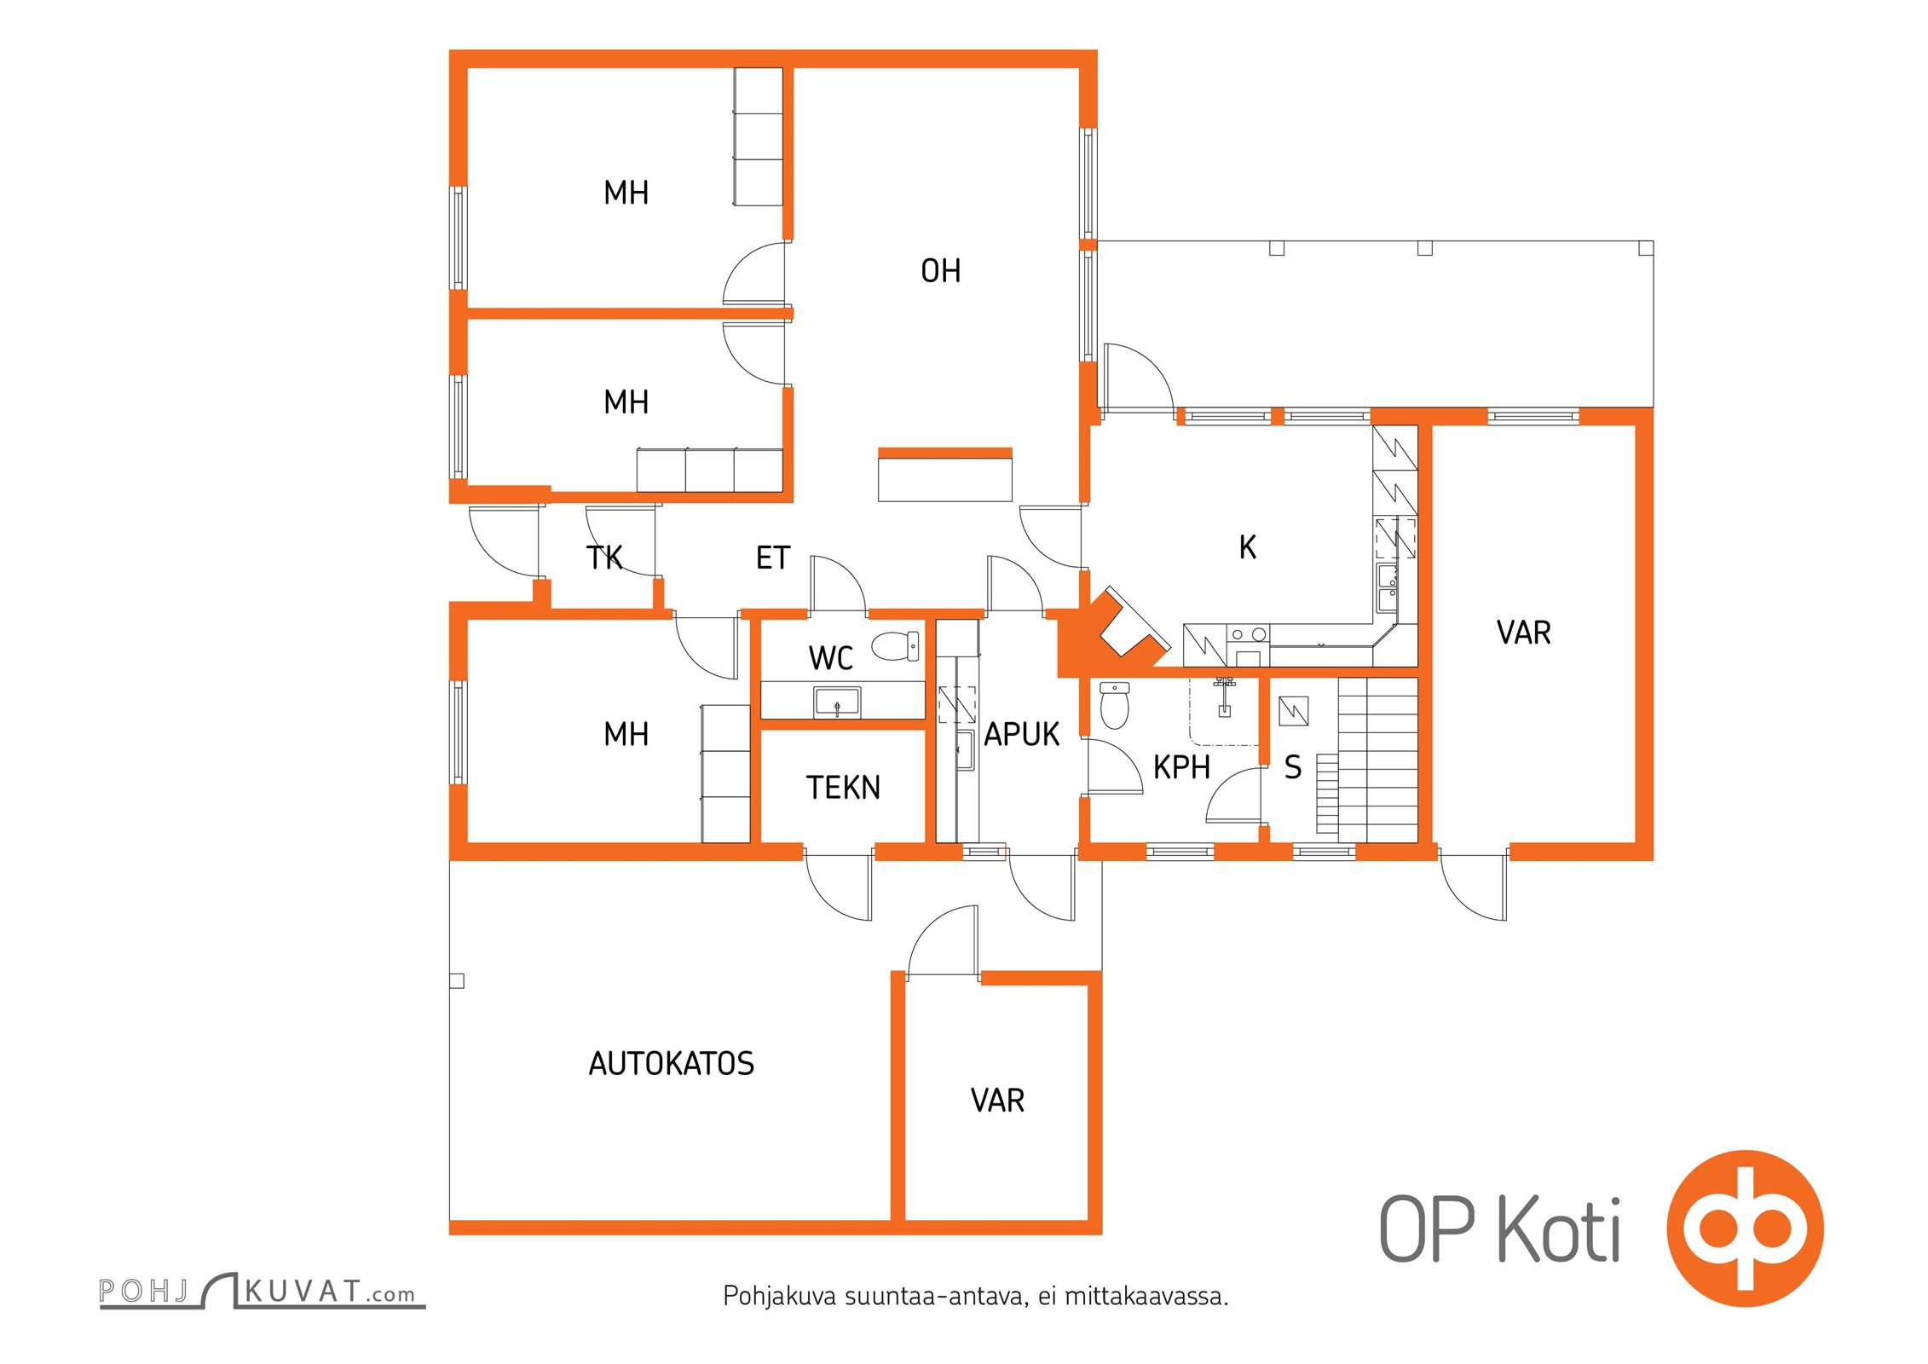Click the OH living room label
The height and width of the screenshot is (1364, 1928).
coord(940,270)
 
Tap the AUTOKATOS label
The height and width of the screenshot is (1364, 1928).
coord(672,1063)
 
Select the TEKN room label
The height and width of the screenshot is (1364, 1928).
coord(843,787)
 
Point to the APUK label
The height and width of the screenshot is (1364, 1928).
coord(1021,734)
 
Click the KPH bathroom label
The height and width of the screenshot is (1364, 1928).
coord(1181,767)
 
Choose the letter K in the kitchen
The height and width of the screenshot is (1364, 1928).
coord(1248,547)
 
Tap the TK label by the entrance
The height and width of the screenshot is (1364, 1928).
coord(604,558)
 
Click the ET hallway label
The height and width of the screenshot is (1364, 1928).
coord(773,558)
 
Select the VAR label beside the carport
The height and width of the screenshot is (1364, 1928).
coord(997,1101)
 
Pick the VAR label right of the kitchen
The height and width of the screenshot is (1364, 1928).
coord(1524,633)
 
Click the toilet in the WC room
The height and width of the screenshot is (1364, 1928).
coord(895,645)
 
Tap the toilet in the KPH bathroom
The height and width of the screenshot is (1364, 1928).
coord(1115,705)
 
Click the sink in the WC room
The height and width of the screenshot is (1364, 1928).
coord(837,702)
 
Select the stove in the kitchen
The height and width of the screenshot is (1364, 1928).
coord(1248,644)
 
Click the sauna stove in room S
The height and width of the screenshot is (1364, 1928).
coord(1294,711)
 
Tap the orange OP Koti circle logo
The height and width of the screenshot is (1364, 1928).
coord(1745,1228)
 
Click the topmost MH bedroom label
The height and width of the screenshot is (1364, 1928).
coord(626,193)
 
